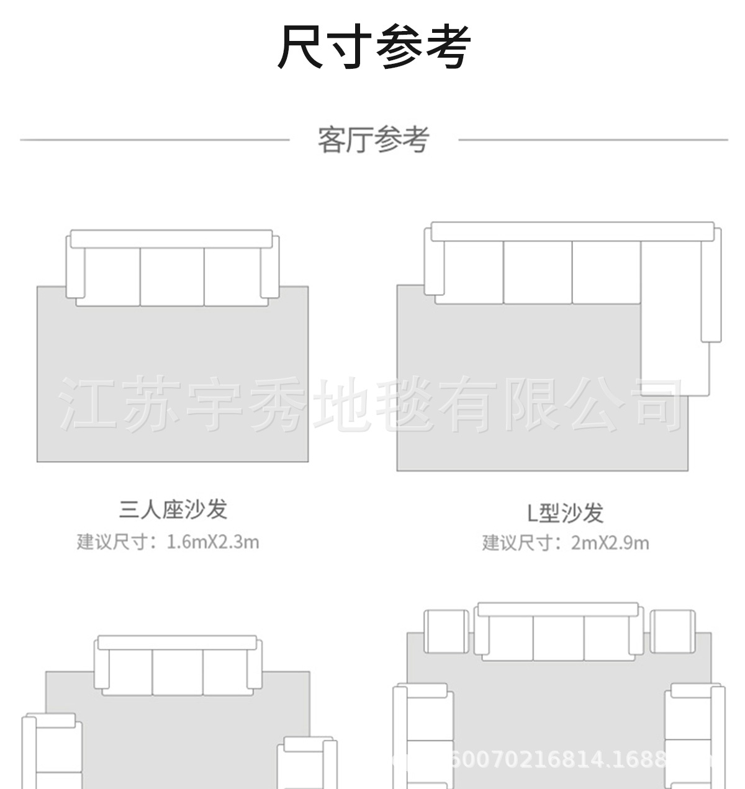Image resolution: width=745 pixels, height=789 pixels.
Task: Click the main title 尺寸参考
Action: [374, 47]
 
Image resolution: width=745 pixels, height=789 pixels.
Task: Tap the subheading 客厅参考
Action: [373, 140]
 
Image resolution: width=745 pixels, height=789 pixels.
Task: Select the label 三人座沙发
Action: [174, 509]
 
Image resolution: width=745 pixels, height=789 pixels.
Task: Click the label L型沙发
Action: [565, 512]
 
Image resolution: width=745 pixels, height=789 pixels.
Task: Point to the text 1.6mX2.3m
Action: [213, 542]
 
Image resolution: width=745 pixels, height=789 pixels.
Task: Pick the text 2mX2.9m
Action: [610, 543]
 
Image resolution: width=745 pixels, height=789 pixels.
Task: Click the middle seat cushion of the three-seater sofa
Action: [172, 276]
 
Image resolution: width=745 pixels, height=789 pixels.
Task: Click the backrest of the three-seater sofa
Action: [171, 239]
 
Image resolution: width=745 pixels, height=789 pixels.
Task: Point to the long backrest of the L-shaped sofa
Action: [572, 231]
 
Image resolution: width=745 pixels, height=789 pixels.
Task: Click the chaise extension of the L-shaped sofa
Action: [674, 347]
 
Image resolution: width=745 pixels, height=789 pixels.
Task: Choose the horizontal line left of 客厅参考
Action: [155, 140]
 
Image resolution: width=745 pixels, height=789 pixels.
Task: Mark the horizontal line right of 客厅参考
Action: [593, 140]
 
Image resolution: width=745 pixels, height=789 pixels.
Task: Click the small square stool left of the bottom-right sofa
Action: [446, 631]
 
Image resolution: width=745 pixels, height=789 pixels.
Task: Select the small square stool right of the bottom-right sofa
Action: [672, 631]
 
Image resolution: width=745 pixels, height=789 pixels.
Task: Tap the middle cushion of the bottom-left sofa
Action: [178, 672]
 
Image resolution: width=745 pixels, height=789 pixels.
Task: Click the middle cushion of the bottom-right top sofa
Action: [558, 639]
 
